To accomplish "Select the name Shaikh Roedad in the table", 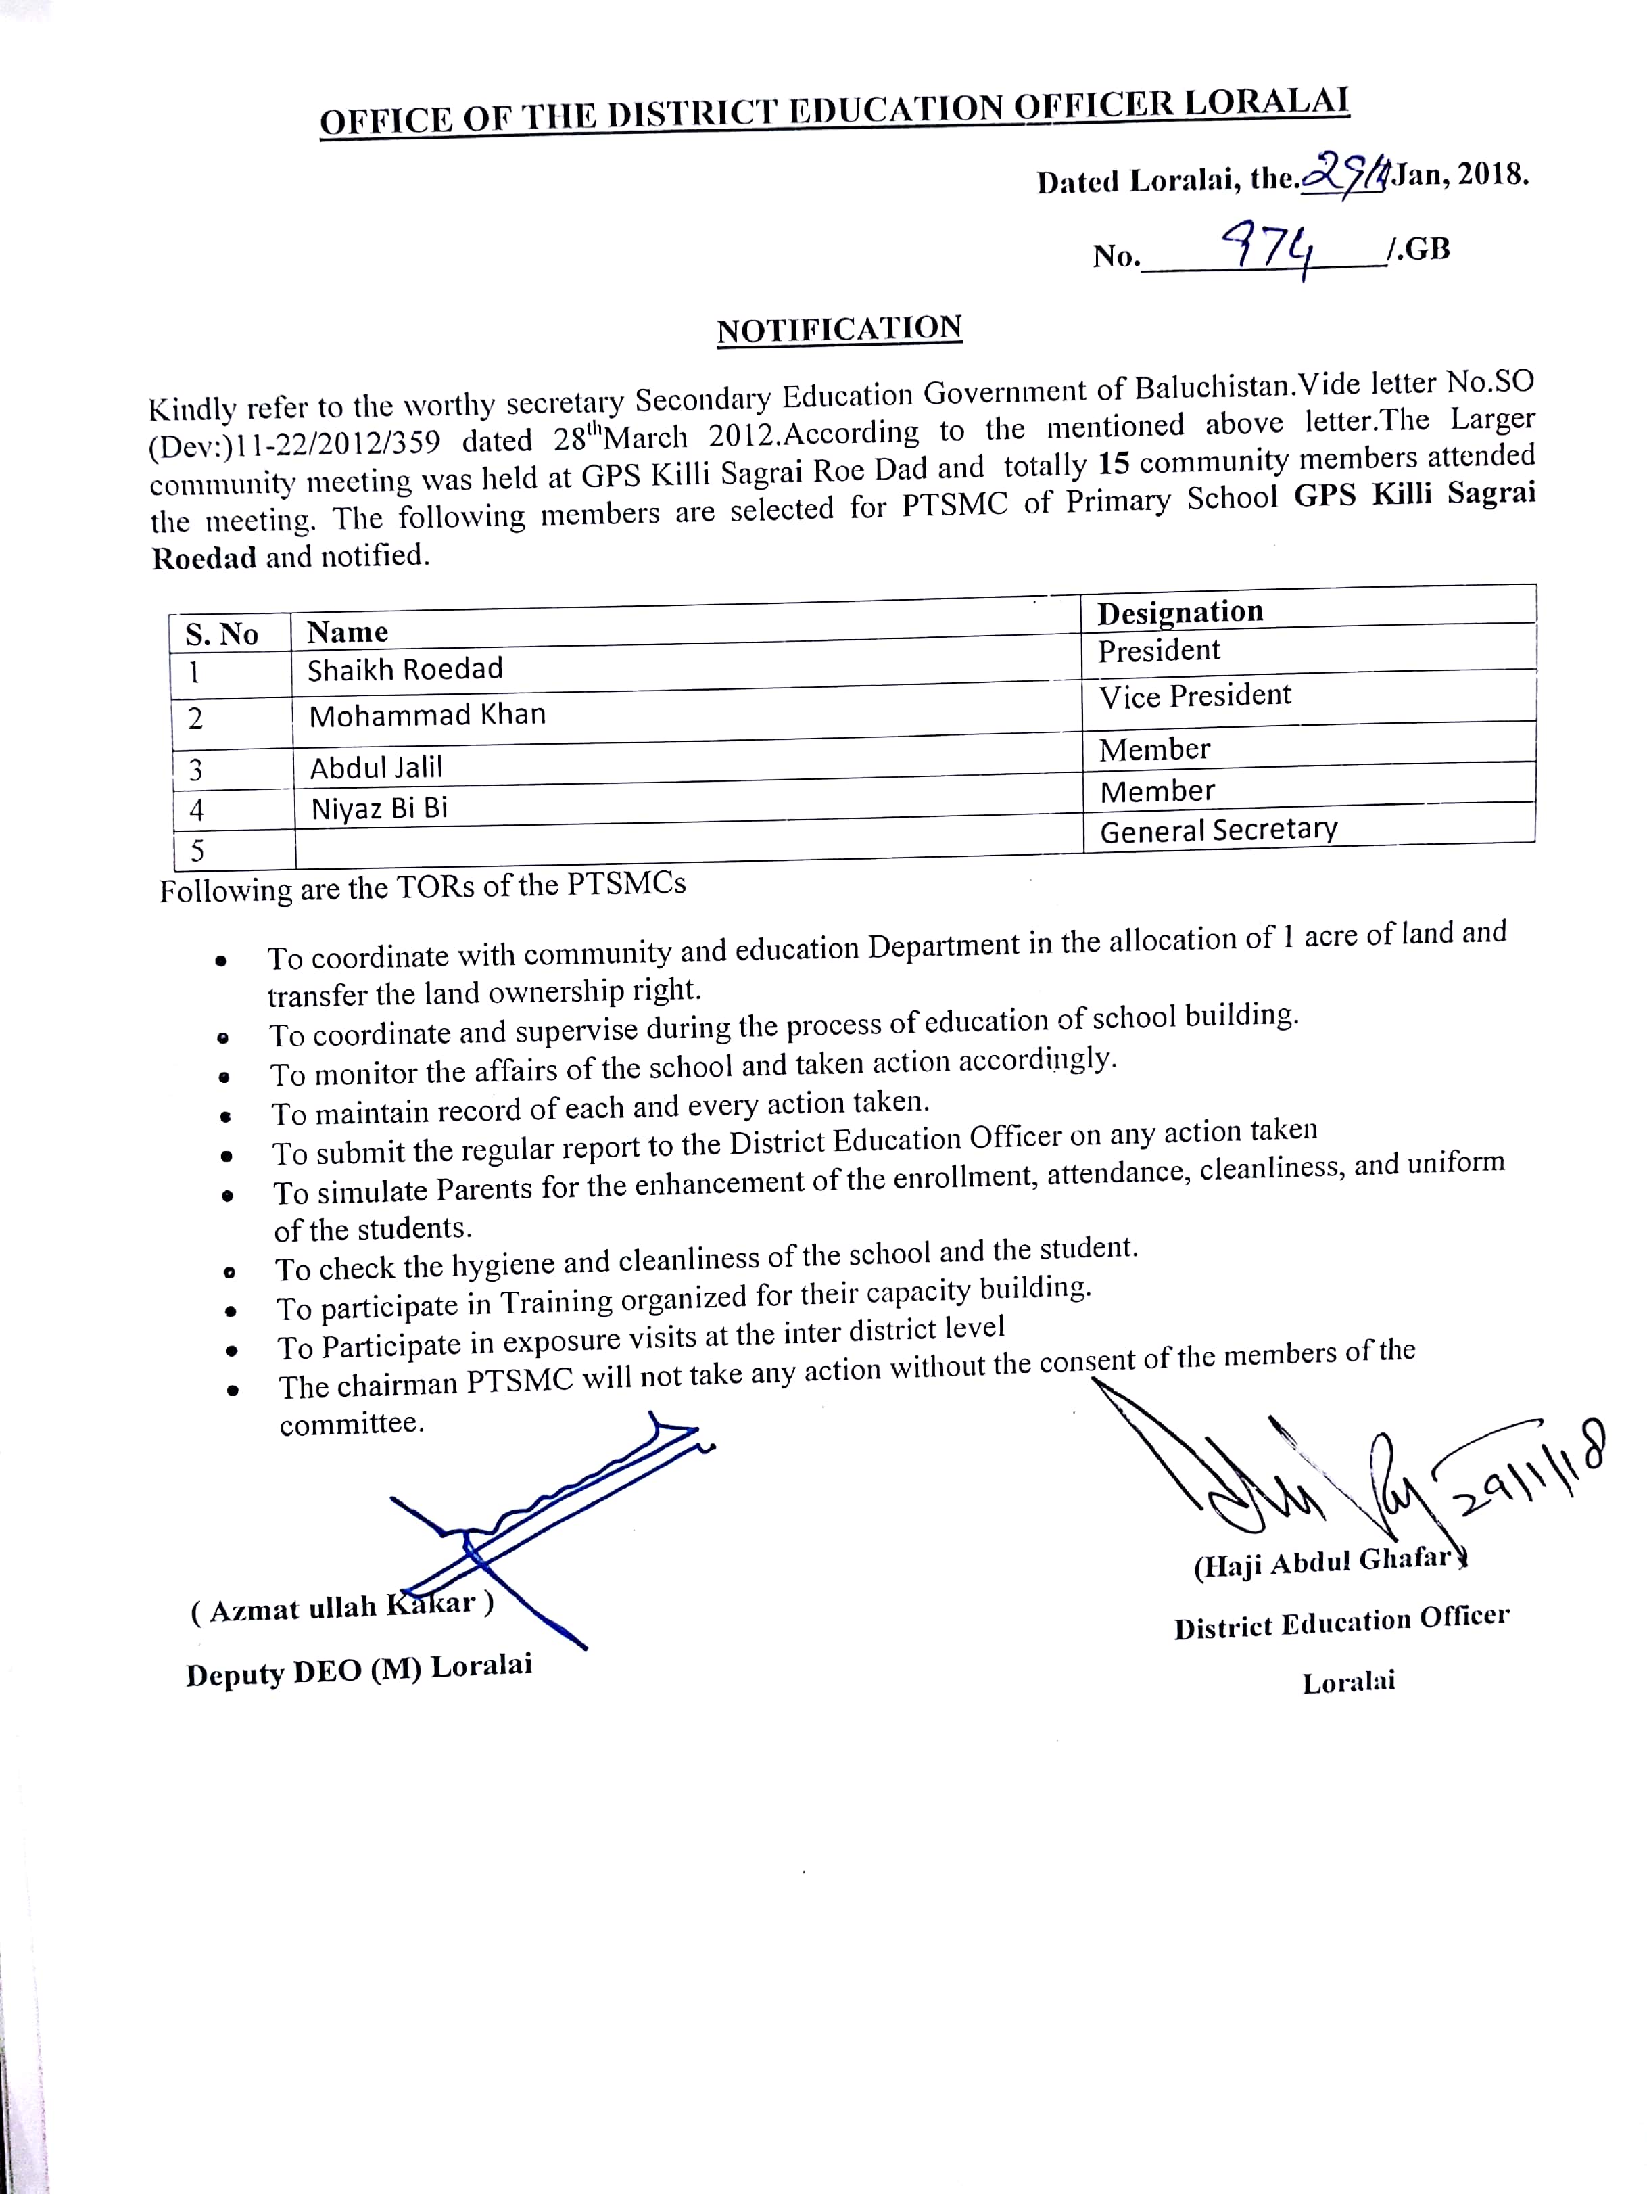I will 404,670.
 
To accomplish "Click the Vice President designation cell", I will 1195,695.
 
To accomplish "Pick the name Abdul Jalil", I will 376,767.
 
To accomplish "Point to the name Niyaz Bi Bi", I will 379,808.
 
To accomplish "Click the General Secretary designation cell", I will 1218,829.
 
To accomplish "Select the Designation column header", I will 1180,612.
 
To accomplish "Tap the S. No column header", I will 222,634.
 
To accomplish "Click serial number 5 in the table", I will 197,850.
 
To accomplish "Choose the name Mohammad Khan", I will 427,715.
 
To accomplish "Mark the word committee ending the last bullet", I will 351,1423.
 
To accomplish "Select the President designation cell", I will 1159,651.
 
